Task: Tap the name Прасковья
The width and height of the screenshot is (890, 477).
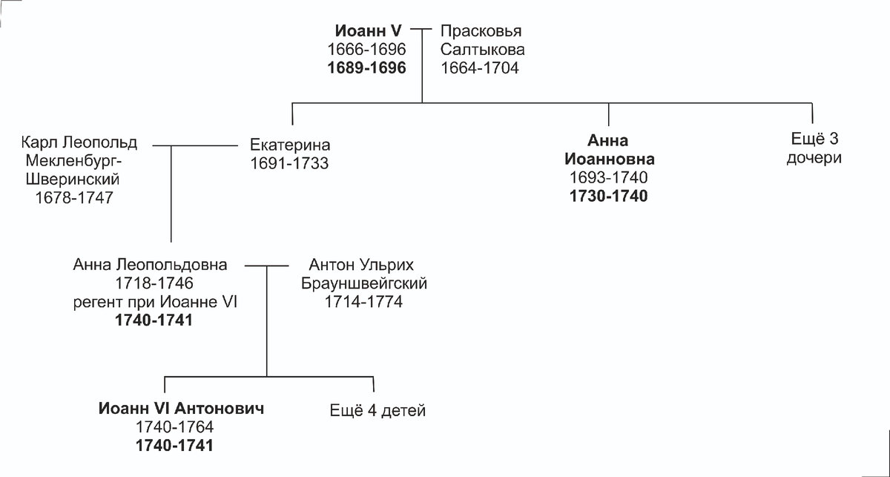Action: tap(481, 32)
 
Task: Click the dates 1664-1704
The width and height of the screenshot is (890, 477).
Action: tap(480, 68)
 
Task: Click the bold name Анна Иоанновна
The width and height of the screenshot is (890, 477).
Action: tap(608, 150)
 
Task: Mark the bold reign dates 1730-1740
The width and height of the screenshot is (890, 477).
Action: tap(608, 197)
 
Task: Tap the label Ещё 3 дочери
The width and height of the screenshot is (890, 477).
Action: tap(814, 149)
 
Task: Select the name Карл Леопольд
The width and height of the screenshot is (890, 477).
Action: tap(80, 142)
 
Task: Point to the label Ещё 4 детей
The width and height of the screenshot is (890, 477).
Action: tap(378, 411)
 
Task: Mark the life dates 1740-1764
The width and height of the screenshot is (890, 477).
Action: tap(175, 427)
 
